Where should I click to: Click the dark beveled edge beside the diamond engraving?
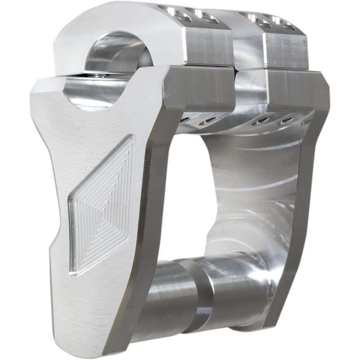[147, 180]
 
